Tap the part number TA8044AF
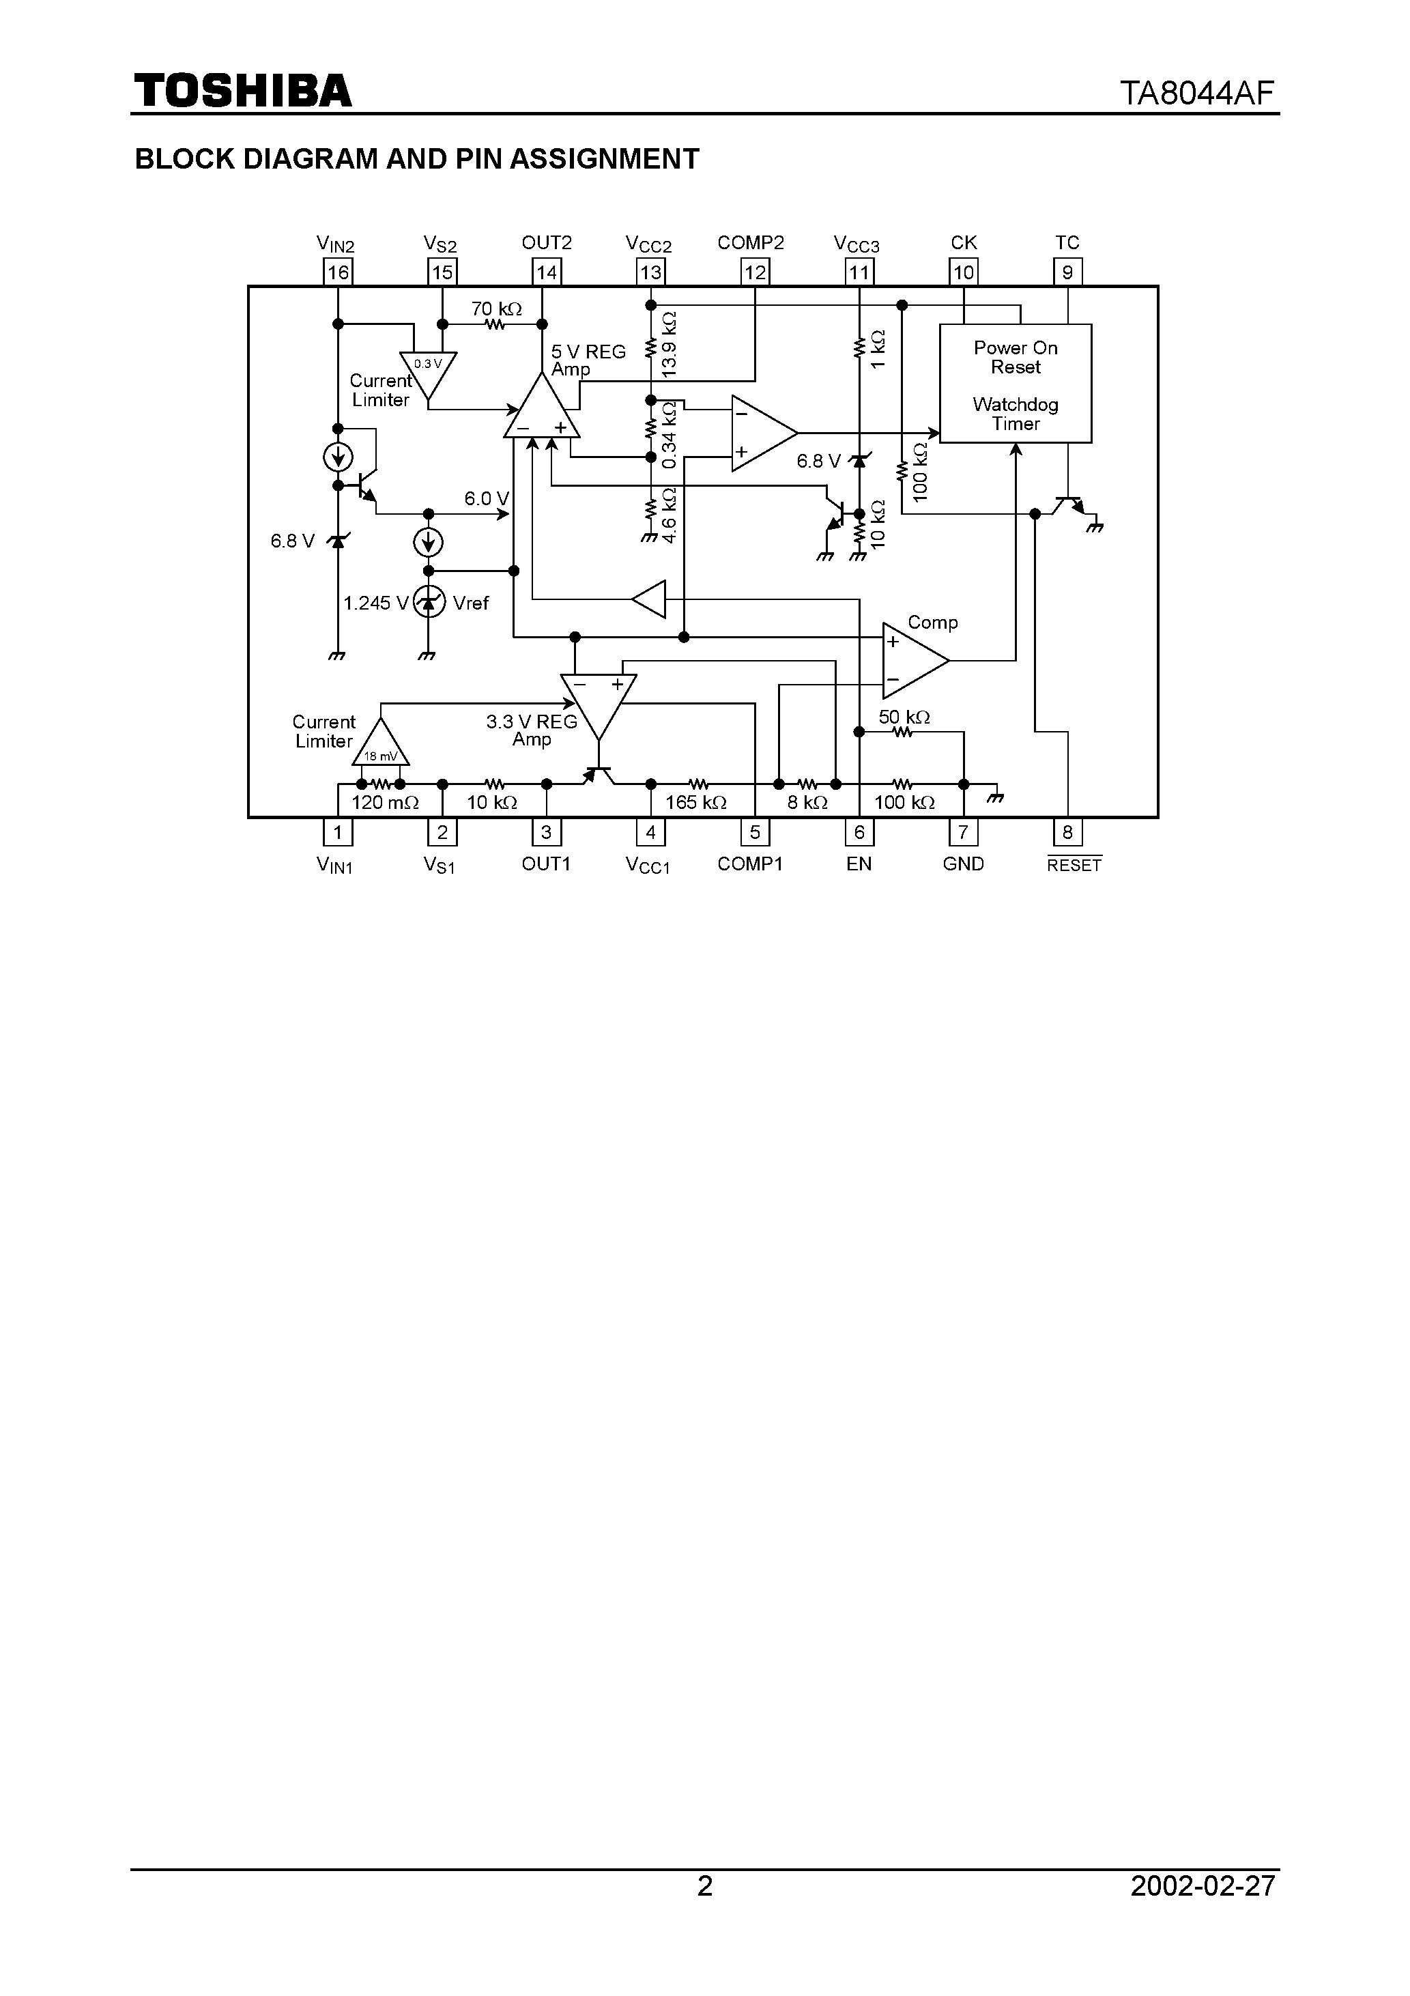[1197, 93]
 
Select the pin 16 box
[337, 272]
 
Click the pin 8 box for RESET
[1067, 833]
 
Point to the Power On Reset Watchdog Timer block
[1016, 384]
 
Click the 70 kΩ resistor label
[496, 309]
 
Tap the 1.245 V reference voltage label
[375, 603]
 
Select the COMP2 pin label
[750, 242]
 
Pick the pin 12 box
[755, 272]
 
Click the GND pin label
[963, 864]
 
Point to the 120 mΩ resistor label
[385, 802]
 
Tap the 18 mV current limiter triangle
[381, 745]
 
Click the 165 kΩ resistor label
[695, 802]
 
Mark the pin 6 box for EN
[859, 833]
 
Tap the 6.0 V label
[486, 499]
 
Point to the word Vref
[471, 603]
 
